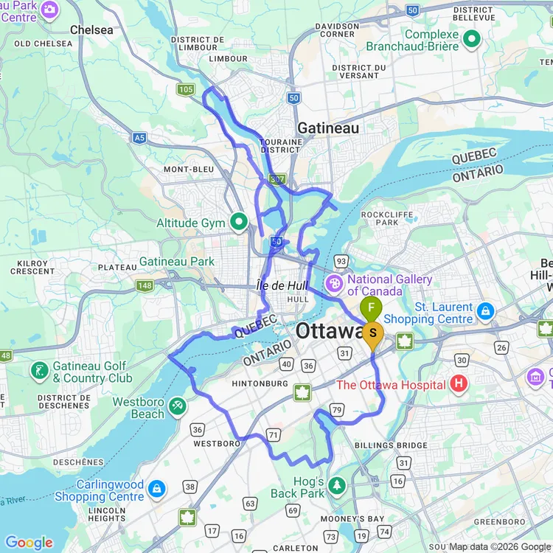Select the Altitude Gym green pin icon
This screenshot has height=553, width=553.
click(239, 222)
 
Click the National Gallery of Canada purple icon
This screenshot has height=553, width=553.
click(334, 282)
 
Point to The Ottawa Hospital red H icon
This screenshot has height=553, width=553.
click(459, 384)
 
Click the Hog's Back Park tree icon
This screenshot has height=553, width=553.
click(337, 484)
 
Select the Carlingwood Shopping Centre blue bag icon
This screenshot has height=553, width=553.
click(156, 488)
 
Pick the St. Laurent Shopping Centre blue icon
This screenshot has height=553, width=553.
click(485, 311)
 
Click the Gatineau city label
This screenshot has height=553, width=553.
click(328, 128)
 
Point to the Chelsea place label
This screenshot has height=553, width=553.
click(91, 30)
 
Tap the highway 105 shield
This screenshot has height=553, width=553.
click(184, 89)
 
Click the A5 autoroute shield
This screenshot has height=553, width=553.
click(139, 137)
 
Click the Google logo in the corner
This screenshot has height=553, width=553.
click(29, 543)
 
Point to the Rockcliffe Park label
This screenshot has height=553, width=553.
click(381, 218)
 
